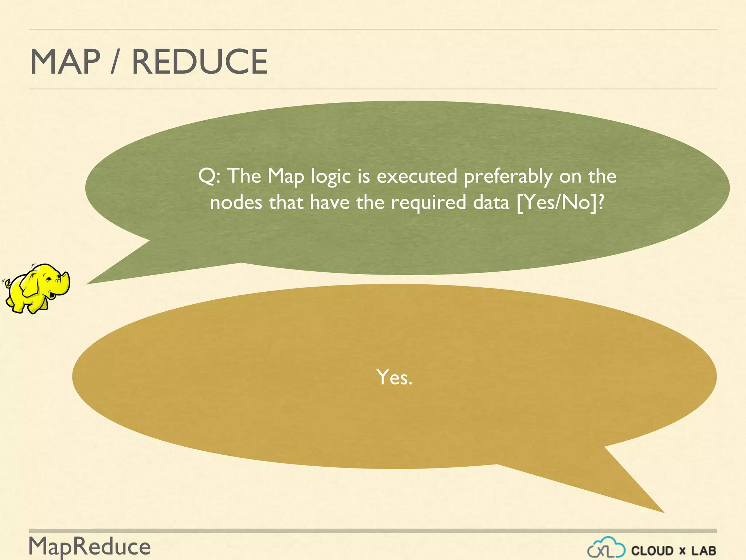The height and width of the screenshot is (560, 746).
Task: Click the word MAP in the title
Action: tap(65, 62)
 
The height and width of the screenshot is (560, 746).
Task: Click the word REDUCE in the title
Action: tap(200, 62)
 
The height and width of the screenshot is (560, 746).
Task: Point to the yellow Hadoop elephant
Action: tap(36, 288)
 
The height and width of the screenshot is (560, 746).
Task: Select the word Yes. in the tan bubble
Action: tap(394, 377)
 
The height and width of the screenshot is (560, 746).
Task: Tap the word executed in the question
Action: tap(417, 176)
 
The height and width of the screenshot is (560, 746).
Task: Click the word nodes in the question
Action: tap(236, 202)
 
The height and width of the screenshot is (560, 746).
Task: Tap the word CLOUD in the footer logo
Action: tap(652, 551)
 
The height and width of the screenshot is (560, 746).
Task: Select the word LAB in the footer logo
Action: tap(704, 551)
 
